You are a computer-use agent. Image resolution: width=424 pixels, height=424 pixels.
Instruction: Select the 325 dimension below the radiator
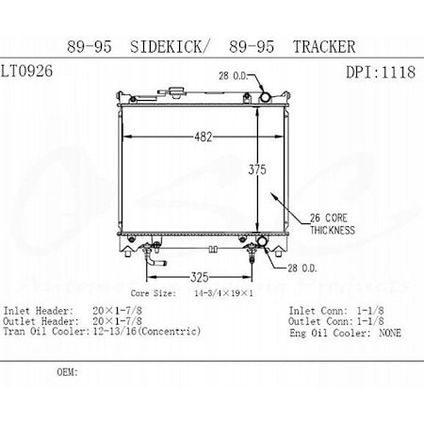click(191, 277)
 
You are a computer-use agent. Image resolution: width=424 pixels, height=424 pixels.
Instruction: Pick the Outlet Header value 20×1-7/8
click(114, 321)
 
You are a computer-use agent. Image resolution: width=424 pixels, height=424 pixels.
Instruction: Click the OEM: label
click(67, 372)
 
